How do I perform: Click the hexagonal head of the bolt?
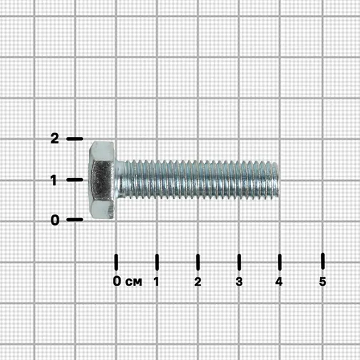(x=101, y=180)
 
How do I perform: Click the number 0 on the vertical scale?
(x=55, y=220)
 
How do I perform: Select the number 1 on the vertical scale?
(x=54, y=180)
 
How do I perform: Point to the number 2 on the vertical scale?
(x=55, y=139)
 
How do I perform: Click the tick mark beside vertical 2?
(x=74, y=139)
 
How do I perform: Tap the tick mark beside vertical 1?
(x=74, y=179)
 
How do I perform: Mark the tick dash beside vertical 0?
(x=74, y=220)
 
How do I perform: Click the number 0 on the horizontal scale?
(x=117, y=281)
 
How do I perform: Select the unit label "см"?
(x=134, y=282)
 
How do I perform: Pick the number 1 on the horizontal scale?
(x=157, y=281)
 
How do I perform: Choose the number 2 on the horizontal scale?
(x=197, y=281)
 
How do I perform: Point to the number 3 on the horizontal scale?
(x=239, y=281)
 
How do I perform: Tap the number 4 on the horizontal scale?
(x=279, y=281)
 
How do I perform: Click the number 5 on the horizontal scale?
(x=323, y=281)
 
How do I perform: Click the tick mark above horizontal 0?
(x=116, y=262)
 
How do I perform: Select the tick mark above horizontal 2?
(x=198, y=262)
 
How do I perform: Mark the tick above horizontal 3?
(x=239, y=262)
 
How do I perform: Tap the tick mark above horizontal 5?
(x=323, y=261)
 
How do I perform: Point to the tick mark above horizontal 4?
(x=280, y=262)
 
